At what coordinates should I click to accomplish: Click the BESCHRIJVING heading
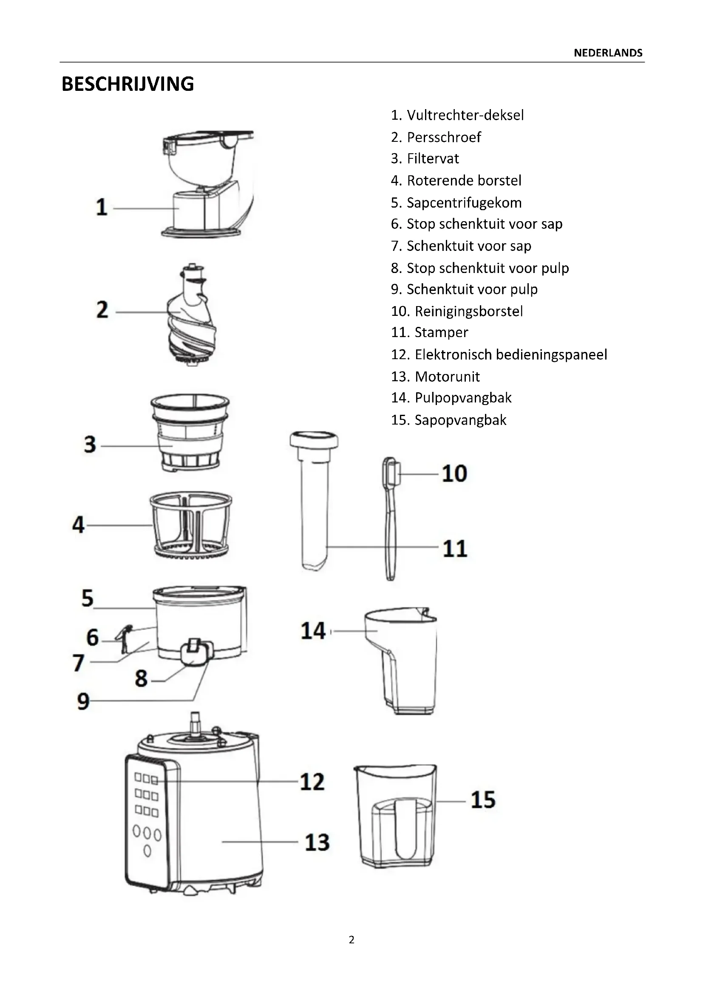pos(128,84)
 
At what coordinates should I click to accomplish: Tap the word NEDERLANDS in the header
pos(608,53)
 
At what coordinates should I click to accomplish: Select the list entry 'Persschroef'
pos(436,137)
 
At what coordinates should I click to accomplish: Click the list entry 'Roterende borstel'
pos(456,180)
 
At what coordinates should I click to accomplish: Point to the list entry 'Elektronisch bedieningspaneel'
pos(499,354)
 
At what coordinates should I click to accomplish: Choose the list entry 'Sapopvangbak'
pos(448,420)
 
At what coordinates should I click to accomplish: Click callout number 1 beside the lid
pos(101,207)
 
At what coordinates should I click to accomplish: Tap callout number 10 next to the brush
pos(454,474)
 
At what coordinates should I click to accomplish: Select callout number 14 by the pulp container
pos(313,631)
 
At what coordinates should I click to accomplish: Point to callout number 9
pos(83,701)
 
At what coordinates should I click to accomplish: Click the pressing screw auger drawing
pos(192,315)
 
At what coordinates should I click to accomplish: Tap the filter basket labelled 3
pos(190,433)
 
